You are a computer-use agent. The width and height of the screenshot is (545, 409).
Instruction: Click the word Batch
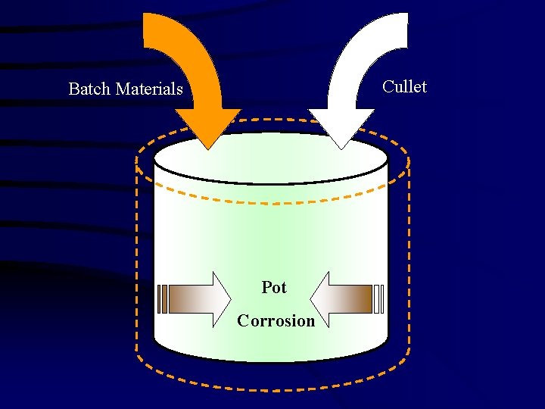click(89, 89)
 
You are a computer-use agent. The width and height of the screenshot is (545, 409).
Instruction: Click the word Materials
click(149, 89)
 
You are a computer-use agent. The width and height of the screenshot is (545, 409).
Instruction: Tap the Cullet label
click(404, 86)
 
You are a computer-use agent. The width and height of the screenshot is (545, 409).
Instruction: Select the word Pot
click(274, 288)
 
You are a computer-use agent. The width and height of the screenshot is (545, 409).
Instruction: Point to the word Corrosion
click(276, 320)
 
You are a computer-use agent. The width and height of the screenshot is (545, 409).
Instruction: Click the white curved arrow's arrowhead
click(341, 128)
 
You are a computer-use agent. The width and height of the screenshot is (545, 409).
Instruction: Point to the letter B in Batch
click(73, 89)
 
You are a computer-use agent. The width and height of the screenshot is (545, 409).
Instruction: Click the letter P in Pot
click(266, 288)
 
